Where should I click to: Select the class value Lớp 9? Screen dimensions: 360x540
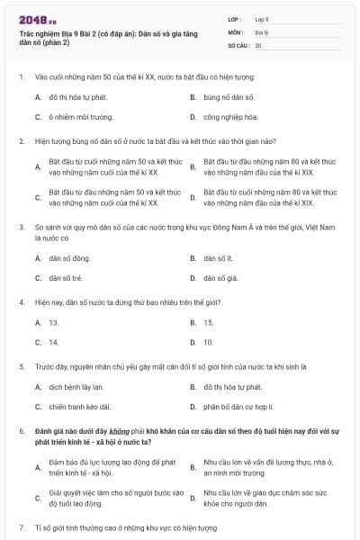pyautogui.click(x=262, y=19)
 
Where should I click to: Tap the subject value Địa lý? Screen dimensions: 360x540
pyautogui.click(x=261, y=31)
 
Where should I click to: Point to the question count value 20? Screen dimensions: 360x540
pyautogui.click(x=258, y=45)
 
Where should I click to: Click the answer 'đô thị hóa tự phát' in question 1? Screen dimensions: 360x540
pyautogui.click(x=77, y=96)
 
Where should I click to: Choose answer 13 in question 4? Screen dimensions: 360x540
pyautogui.click(x=54, y=322)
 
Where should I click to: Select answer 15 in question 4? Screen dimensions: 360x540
pyautogui.click(x=209, y=322)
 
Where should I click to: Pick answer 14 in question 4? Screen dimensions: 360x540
pyautogui.click(x=54, y=343)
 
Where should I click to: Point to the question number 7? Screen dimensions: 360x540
pyautogui.click(x=22, y=526)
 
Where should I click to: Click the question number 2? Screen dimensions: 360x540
pyautogui.click(x=22, y=141)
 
